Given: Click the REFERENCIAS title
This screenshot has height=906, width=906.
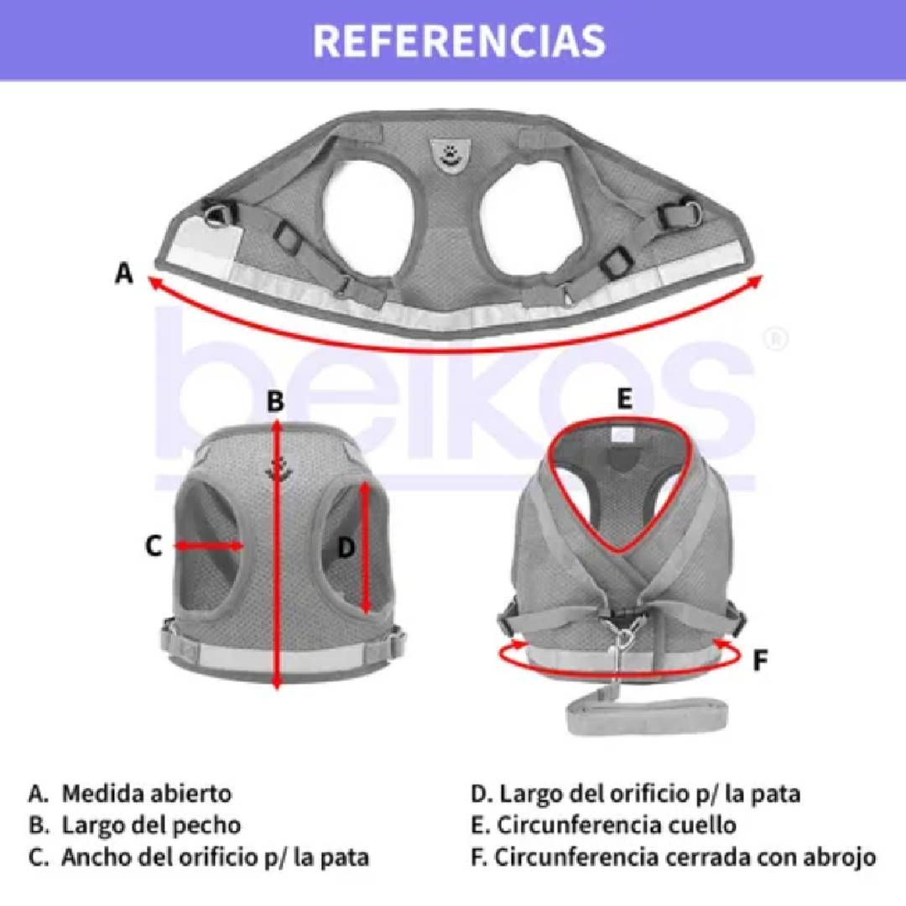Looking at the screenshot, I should coord(459,40).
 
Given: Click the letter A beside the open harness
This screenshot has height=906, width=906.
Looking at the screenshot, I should coord(125,273).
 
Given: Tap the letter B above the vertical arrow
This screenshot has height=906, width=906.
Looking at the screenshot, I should coord(276,401).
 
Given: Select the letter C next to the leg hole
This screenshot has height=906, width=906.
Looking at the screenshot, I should coord(153,546).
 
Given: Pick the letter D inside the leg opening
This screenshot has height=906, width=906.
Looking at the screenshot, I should coord(346,548).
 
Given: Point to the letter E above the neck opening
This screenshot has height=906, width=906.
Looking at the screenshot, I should coord(623,400).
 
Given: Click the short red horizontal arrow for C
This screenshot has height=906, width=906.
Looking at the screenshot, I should coord(209,546).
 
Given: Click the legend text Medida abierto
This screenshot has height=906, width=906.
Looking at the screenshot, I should coord(146,793).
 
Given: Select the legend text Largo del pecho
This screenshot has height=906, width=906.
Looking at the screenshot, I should coord(151,825).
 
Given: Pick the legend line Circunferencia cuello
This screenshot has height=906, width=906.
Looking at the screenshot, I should coord(616,825).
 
